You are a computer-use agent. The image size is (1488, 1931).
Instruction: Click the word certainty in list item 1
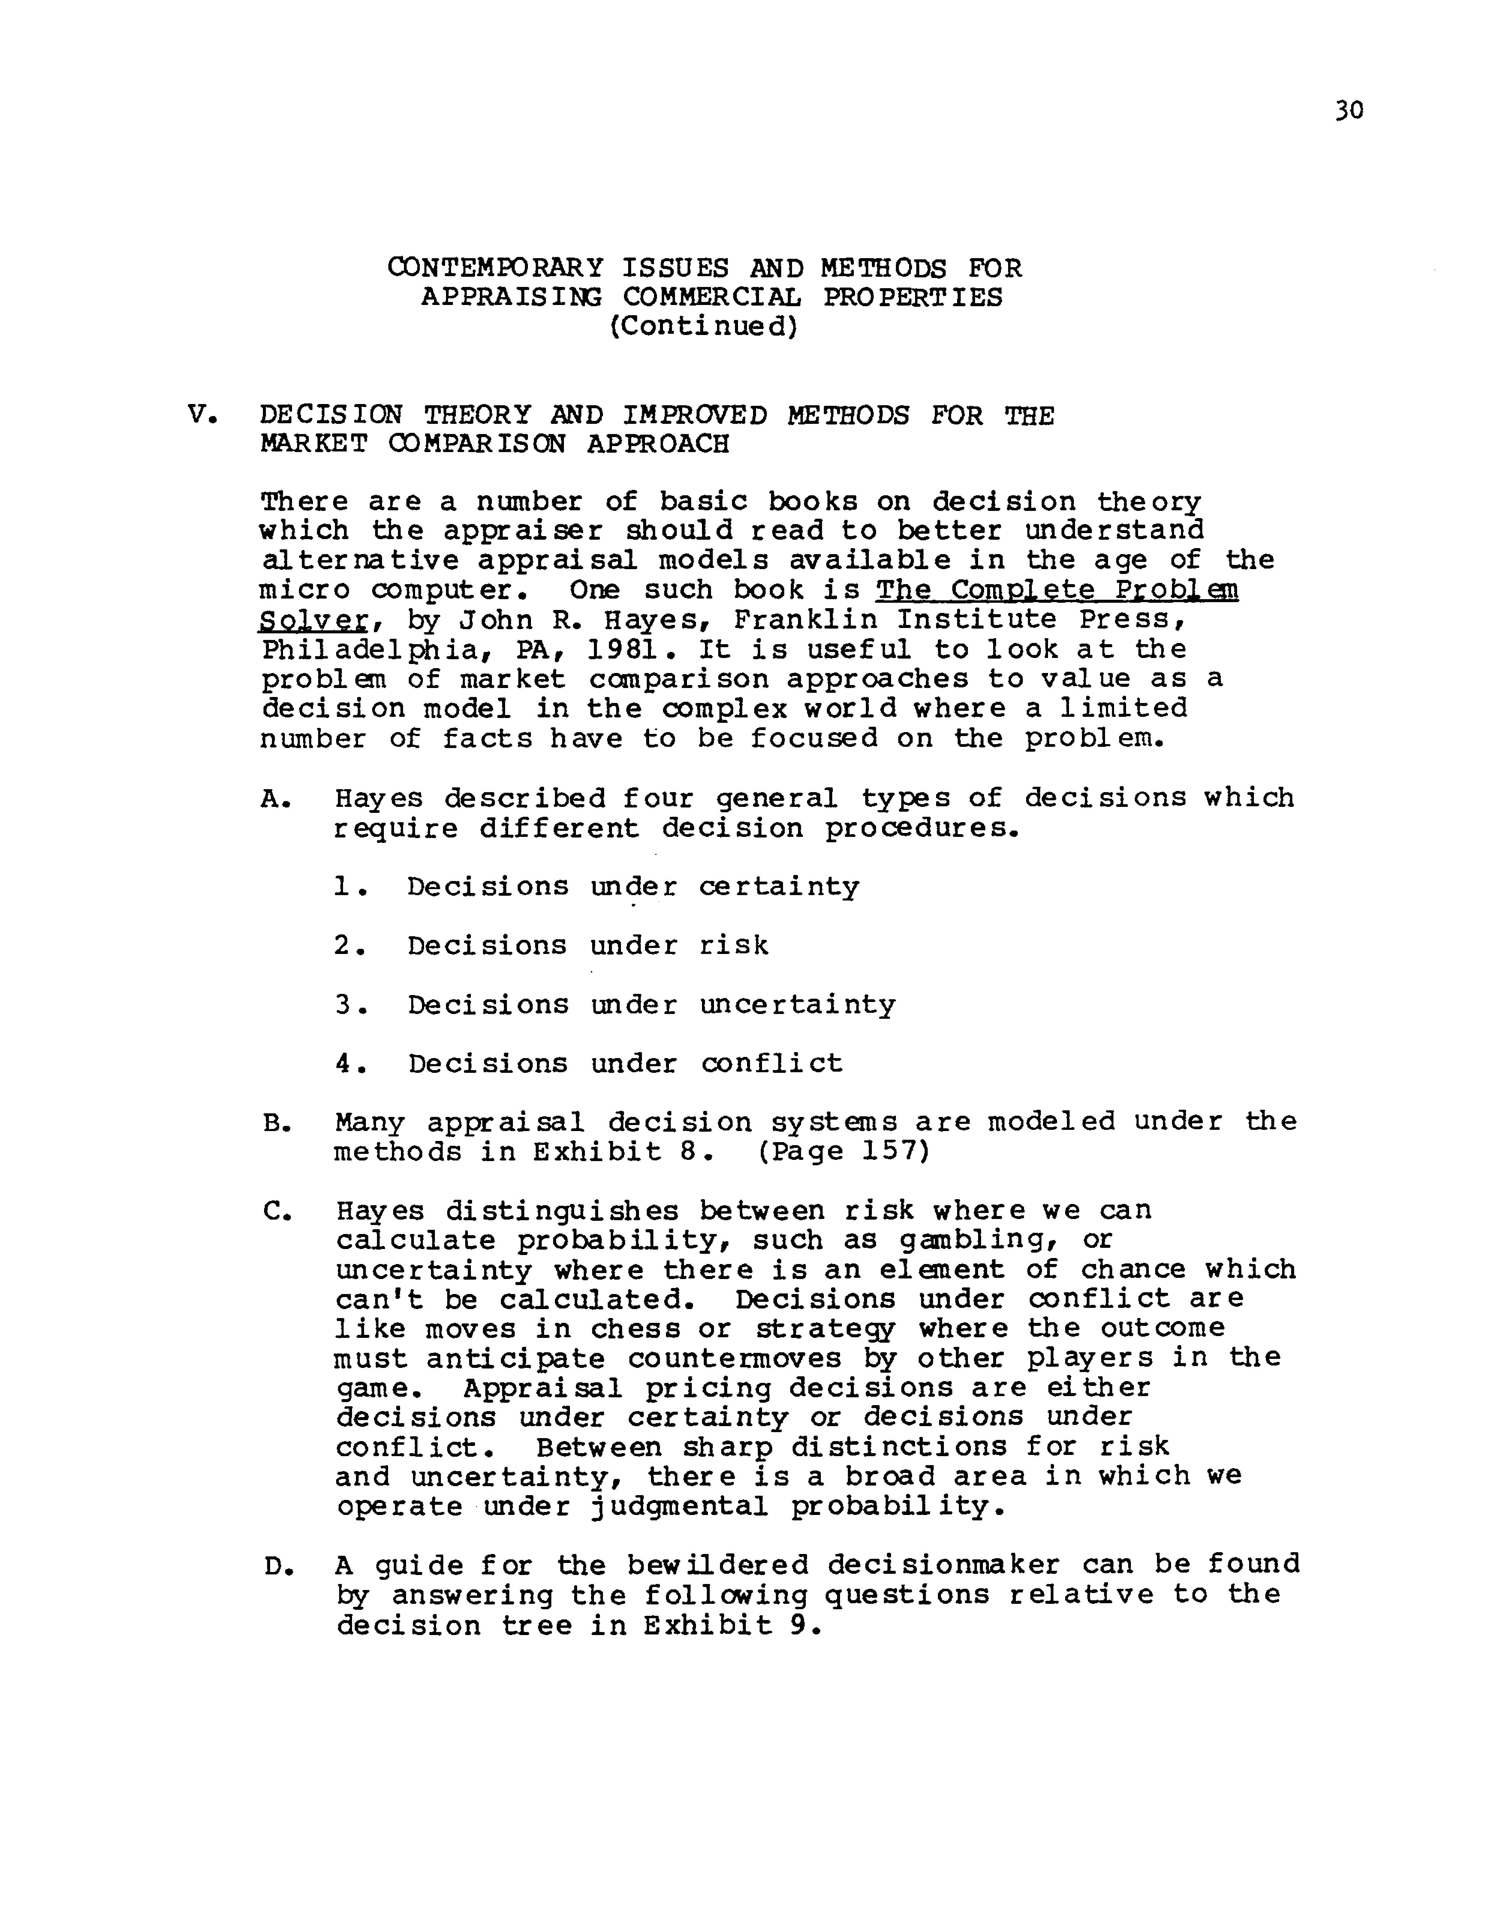[x=779, y=887]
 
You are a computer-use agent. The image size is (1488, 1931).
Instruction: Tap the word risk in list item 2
[x=734, y=945]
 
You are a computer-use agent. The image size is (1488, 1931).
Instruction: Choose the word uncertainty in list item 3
[x=797, y=1004]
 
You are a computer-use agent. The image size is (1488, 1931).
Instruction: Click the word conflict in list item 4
[x=772, y=1063]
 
